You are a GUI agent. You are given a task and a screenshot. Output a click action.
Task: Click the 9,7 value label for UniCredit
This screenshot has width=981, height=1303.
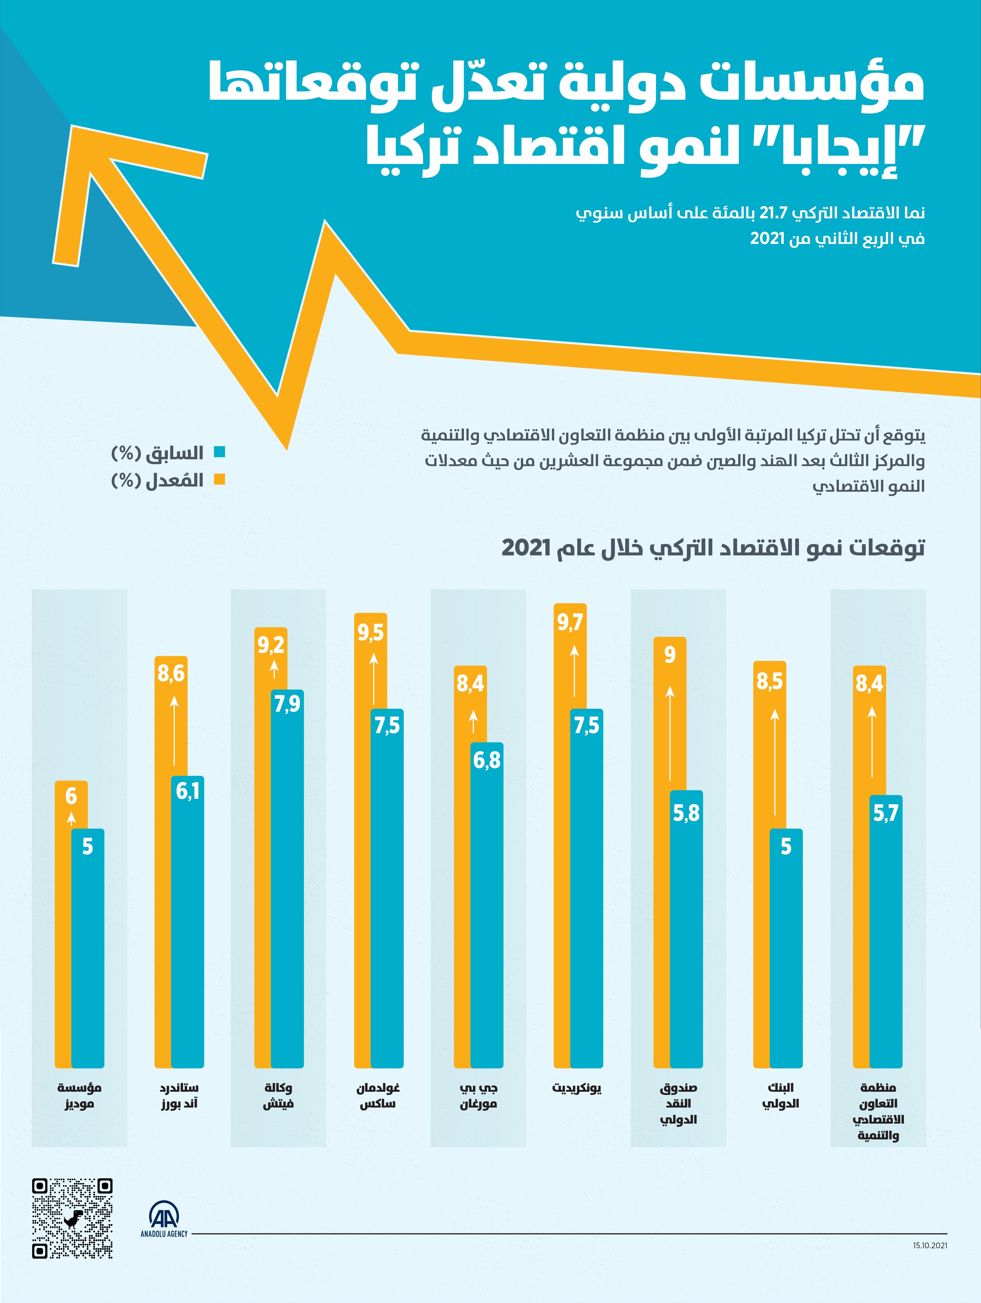[x=570, y=622]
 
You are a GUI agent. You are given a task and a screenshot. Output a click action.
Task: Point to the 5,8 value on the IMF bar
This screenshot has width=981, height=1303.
[x=686, y=813]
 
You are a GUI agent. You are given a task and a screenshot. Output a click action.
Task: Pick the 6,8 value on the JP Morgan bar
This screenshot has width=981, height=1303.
[x=487, y=760]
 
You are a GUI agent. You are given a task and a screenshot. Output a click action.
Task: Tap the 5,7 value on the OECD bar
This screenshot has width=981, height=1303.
[x=885, y=813]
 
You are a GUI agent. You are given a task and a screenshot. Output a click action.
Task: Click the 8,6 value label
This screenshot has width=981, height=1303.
[x=171, y=673]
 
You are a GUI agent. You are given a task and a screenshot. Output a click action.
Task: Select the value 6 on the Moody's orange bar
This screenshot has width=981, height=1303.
[x=71, y=796]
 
